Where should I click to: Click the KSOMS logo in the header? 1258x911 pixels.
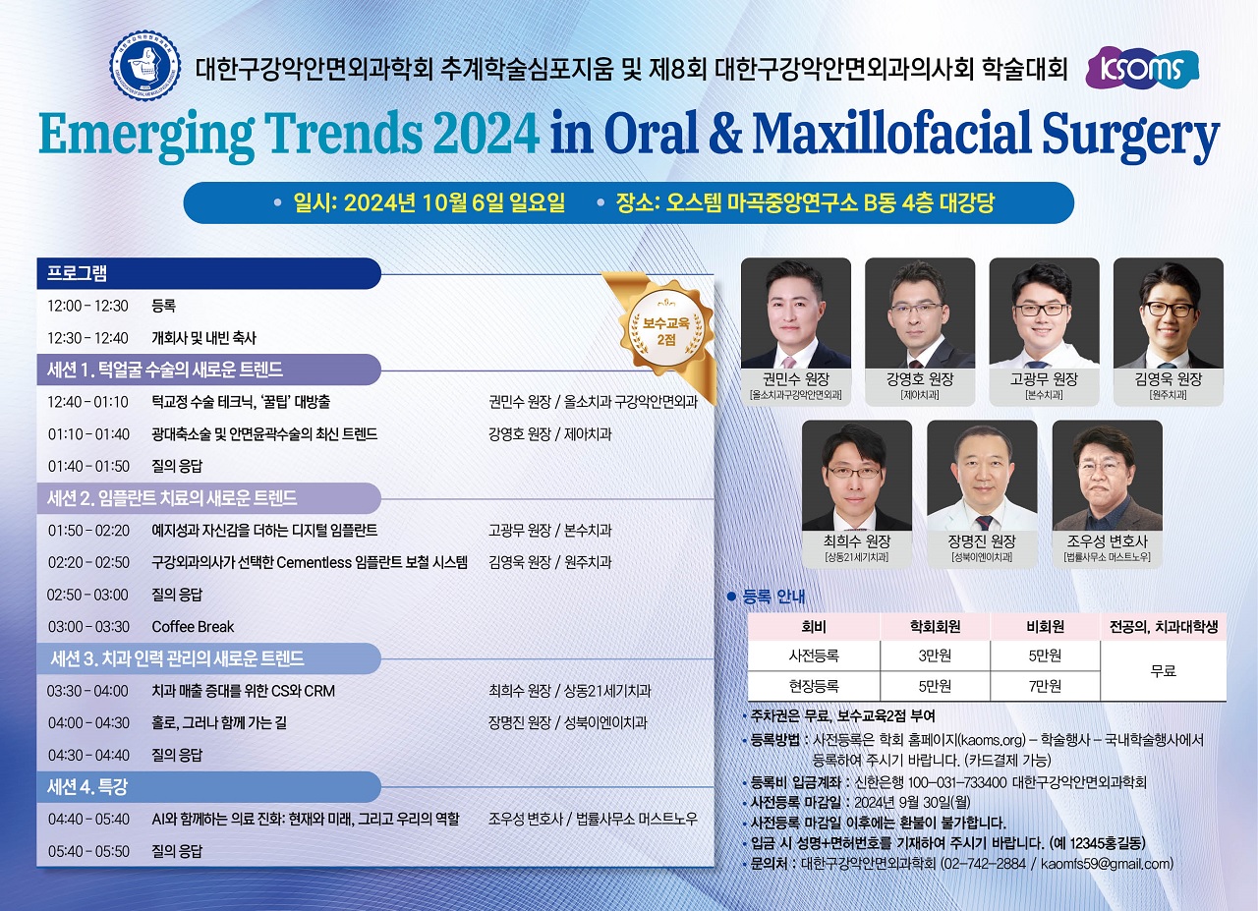click(x=1142, y=69)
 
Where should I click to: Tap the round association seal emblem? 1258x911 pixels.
click(x=144, y=66)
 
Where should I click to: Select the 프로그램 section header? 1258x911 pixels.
click(x=77, y=273)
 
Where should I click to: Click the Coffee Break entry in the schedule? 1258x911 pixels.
click(x=193, y=626)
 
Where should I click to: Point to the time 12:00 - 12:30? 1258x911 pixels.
click(x=87, y=306)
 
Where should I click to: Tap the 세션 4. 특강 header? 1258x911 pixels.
click(x=87, y=787)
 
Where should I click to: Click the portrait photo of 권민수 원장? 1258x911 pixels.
click(x=796, y=313)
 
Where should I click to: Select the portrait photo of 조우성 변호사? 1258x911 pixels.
click(x=1107, y=476)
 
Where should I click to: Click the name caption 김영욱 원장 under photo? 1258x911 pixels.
click(x=1169, y=379)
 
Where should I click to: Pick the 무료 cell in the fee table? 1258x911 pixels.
click(x=1163, y=670)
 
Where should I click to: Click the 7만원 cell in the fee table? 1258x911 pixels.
click(x=1045, y=686)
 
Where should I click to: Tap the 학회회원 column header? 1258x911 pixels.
click(x=935, y=627)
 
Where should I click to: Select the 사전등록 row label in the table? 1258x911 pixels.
click(x=814, y=655)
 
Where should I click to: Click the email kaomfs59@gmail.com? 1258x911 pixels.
click(x=1106, y=863)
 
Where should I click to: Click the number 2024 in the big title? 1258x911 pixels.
click(x=486, y=133)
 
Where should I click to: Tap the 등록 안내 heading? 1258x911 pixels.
click(x=773, y=597)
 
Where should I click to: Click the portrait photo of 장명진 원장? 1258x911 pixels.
click(x=982, y=476)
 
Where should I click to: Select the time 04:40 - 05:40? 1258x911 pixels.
click(x=88, y=819)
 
